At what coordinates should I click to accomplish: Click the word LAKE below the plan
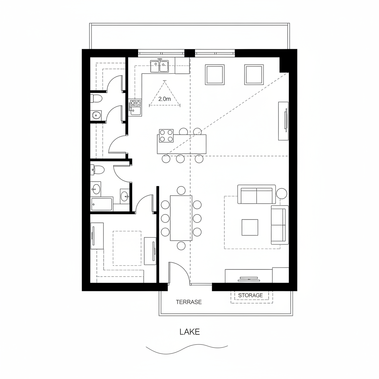[x=189, y=332]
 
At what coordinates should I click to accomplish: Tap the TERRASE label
[x=189, y=302]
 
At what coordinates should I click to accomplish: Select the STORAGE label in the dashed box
[x=251, y=295]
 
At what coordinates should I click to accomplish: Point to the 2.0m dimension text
[x=164, y=99]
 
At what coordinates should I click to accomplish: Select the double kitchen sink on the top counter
[x=159, y=66]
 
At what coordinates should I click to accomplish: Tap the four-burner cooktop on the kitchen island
[x=166, y=135]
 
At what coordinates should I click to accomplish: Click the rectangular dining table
[x=181, y=218]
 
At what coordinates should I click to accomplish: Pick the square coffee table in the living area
[x=250, y=227]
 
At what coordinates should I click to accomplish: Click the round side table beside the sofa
[x=282, y=193]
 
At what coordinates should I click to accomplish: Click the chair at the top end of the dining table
[x=181, y=190]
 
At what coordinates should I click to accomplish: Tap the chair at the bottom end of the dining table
[x=181, y=246]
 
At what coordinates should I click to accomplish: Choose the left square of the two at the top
[x=215, y=75]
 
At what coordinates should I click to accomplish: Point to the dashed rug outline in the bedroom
[x=127, y=248]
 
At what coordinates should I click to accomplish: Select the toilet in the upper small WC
[x=97, y=99]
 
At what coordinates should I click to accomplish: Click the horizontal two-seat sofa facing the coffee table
[x=256, y=195]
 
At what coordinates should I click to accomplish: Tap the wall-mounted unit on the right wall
[x=284, y=121]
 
